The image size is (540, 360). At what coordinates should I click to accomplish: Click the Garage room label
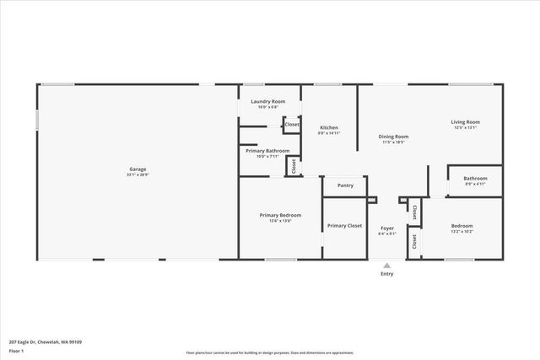[137, 169]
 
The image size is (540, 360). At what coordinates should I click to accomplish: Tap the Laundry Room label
[268, 101]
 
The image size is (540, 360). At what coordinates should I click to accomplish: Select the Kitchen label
[328, 127]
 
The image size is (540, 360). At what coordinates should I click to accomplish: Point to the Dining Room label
[393, 137]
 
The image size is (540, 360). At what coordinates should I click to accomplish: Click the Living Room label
[466, 121]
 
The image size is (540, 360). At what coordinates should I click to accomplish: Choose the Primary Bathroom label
[267, 150]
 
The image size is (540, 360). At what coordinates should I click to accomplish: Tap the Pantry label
[345, 185]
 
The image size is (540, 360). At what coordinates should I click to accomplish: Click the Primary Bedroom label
[280, 215]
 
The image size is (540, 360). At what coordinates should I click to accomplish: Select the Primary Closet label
[344, 225]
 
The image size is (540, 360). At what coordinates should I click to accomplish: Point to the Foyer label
[387, 228]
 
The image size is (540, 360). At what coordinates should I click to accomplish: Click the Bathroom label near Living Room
[475, 178]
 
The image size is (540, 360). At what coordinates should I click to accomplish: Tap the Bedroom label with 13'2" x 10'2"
[462, 226]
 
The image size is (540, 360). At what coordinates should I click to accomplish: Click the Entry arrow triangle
[387, 265]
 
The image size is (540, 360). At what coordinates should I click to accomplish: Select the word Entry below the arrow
[387, 274]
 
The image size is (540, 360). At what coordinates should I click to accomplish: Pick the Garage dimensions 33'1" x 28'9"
[137, 175]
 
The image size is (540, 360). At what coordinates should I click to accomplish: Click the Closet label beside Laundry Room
[292, 125]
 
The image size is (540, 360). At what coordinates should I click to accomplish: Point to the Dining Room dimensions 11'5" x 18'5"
[393, 142]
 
